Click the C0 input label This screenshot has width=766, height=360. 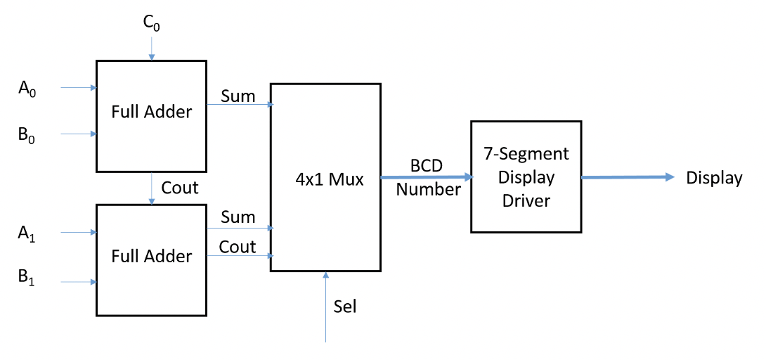[151, 23]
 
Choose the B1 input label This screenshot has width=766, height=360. [27, 279]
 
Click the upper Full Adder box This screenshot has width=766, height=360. [152, 115]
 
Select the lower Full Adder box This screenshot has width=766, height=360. [152, 259]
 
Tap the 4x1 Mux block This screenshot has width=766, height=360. [325, 177]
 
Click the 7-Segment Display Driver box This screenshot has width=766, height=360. [526, 176]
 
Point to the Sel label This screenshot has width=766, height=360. [345, 307]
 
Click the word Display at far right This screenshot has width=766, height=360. [713, 178]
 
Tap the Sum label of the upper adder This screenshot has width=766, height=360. [238, 96]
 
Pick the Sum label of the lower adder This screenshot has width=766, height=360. [238, 217]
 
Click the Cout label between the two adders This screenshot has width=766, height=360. [180, 188]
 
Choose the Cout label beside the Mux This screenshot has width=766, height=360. [238, 246]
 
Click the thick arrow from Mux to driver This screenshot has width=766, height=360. [425, 177]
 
